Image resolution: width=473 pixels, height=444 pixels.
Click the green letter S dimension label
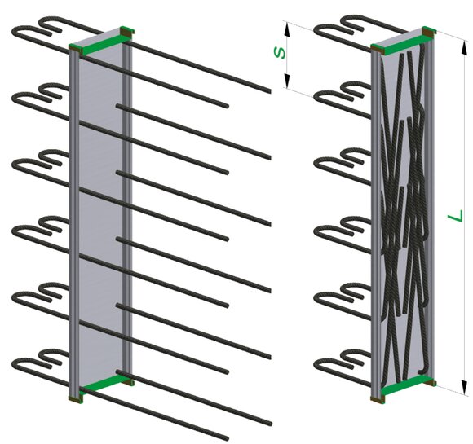click(x=280, y=52)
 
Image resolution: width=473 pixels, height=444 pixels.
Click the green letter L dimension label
click(x=456, y=215)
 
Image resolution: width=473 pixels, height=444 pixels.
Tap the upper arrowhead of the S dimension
click(x=287, y=29)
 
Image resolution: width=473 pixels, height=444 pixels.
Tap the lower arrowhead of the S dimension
click(x=287, y=81)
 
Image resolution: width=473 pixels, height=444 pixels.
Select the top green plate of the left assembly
click(x=101, y=42)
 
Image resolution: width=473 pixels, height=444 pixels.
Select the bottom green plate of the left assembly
click(x=103, y=385)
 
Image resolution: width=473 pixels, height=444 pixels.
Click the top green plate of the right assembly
click(x=403, y=42)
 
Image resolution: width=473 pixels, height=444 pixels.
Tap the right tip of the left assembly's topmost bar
click(x=269, y=90)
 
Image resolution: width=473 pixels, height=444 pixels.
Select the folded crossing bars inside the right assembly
click(x=404, y=211)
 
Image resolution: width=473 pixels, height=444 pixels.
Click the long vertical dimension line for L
click(x=465, y=217)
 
